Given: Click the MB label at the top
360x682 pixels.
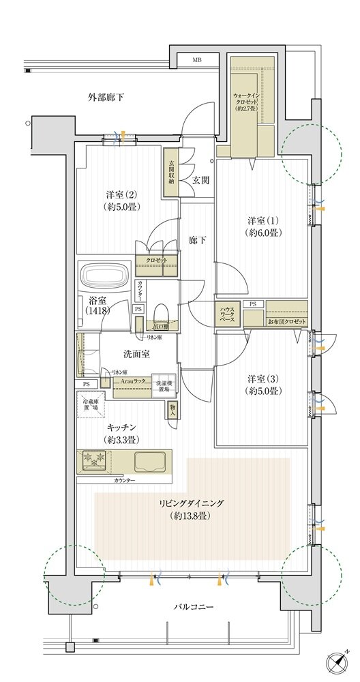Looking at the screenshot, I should pyautogui.click(x=197, y=61).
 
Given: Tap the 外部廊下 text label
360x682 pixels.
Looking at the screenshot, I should pyautogui.click(x=106, y=98).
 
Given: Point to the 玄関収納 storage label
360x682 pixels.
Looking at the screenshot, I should pyautogui.click(x=170, y=173).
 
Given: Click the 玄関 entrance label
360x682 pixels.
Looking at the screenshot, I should pyautogui.click(x=200, y=181).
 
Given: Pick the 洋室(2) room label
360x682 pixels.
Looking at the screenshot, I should pyautogui.click(x=120, y=199).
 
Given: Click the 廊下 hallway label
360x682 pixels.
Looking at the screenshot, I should pyautogui.click(x=197, y=241).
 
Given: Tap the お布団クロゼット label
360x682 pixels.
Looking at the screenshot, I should pyautogui.click(x=286, y=321).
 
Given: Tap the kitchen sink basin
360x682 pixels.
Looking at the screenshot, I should pyautogui.click(x=149, y=462).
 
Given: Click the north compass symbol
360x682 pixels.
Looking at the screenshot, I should pyautogui.click(x=342, y=663).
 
